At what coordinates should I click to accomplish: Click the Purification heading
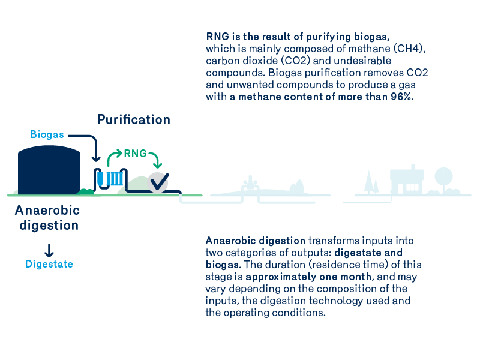coord(134,119)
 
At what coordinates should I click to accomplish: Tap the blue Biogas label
coord(47,134)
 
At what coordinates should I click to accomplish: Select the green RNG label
coord(135,154)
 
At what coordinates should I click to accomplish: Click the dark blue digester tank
coord(49,171)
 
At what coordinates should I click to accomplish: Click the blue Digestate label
coord(49,264)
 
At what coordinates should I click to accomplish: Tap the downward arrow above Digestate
coord(49,250)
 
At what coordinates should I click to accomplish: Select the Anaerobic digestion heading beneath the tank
coord(47,218)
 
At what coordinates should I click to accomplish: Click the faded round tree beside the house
coord(444,176)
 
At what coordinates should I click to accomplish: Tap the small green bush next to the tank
coord(86,191)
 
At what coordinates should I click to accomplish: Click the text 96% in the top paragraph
coord(401,97)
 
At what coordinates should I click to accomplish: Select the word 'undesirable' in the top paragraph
coord(365,61)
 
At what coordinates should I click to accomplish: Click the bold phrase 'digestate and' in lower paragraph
coord(368,253)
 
